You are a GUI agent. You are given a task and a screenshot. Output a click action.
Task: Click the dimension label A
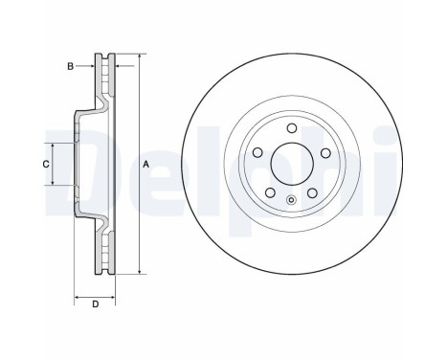(x=146, y=165)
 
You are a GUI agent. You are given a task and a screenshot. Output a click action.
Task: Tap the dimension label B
(x=70, y=66)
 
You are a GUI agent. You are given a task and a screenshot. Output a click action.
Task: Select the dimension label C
(x=45, y=165)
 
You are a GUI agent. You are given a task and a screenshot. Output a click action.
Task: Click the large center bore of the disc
(x=289, y=164)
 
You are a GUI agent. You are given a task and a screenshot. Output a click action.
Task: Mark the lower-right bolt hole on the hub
(x=311, y=192)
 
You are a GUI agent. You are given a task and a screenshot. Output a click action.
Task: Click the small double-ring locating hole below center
(x=289, y=200)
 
